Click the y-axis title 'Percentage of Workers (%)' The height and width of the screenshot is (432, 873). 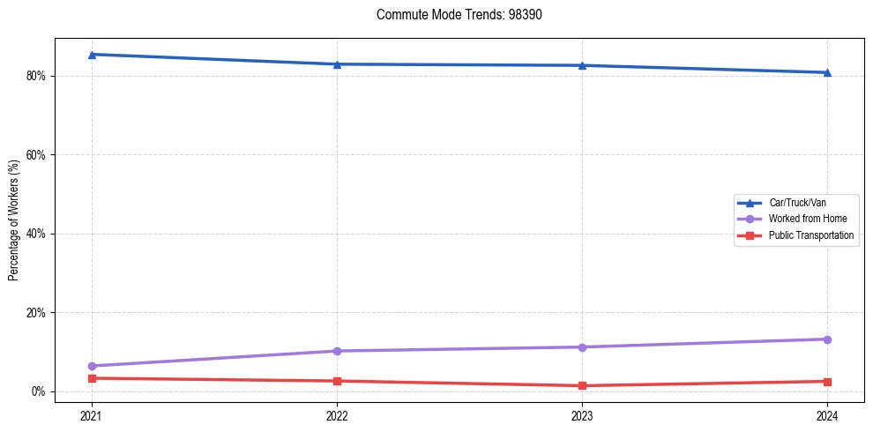point(14,220)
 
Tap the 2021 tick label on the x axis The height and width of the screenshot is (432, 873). point(92,415)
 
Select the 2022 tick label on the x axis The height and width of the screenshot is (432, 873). point(337,415)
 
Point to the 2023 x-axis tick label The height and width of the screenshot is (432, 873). point(582,415)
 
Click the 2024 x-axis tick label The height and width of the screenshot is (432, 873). point(827,415)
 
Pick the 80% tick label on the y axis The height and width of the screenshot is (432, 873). point(35,76)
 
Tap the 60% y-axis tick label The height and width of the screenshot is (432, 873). point(35,155)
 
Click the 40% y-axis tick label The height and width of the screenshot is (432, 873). point(35,234)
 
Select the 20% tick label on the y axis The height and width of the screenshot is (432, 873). point(35,313)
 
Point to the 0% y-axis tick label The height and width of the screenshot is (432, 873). point(38,391)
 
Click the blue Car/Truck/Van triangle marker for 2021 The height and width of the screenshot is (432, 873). point(92,55)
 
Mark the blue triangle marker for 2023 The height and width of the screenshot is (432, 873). point(582,65)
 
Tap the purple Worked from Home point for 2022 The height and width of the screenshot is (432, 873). point(337,351)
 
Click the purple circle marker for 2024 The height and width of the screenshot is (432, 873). point(827,339)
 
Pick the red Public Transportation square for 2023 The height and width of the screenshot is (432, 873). point(582,385)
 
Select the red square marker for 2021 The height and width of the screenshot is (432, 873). point(92,378)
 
